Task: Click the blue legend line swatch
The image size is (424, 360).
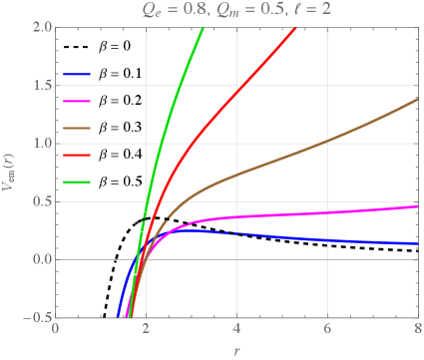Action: (77, 74)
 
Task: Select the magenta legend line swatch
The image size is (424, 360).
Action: (77, 101)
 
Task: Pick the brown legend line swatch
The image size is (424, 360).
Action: (77, 128)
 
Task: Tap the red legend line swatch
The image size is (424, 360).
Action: (77, 156)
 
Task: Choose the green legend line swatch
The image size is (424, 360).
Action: (77, 182)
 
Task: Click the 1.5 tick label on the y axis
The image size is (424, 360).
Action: (37, 85)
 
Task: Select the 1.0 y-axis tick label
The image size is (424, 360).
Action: (37, 144)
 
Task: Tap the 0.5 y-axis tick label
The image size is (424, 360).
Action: (37, 202)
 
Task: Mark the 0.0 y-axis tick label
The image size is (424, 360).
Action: (37, 261)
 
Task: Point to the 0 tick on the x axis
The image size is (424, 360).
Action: (56, 331)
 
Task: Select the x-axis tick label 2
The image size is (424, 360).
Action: (146, 331)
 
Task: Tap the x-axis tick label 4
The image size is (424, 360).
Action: (236, 331)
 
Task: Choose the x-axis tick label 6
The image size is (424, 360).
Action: (326, 331)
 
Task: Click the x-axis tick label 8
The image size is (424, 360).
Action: (416, 331)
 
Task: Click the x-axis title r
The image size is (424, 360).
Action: (236, 350)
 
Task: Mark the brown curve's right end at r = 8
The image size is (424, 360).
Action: (416, 99)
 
